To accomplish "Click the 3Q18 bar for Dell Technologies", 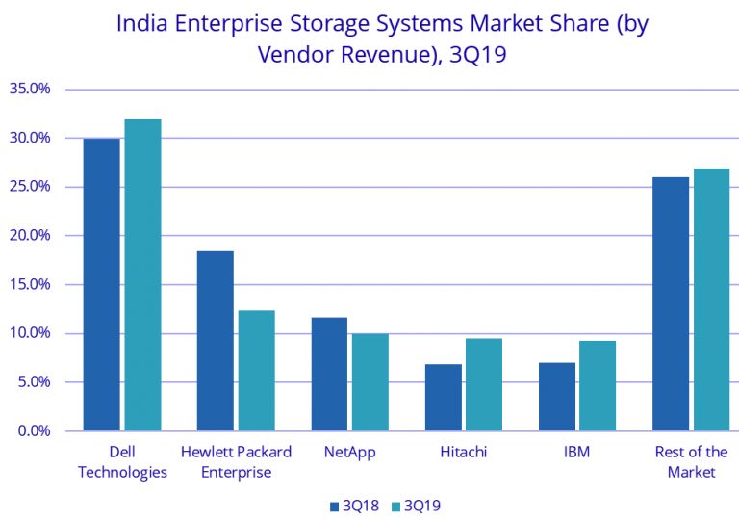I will pos(101,285).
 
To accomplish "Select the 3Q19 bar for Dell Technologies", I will pos(142,275).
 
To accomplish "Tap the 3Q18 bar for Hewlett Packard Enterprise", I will pos(215,341).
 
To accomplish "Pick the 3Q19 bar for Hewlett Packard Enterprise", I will pos(256,371).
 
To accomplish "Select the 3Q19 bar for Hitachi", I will pos(483,384).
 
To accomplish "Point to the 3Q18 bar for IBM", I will pos(556,397).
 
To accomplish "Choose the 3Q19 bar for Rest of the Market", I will pos(711,300).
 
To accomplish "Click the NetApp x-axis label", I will pos(350,451).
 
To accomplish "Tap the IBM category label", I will pos(576,451).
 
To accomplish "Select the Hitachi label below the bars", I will pos(463,451).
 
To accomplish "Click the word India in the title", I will pos(140,23).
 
